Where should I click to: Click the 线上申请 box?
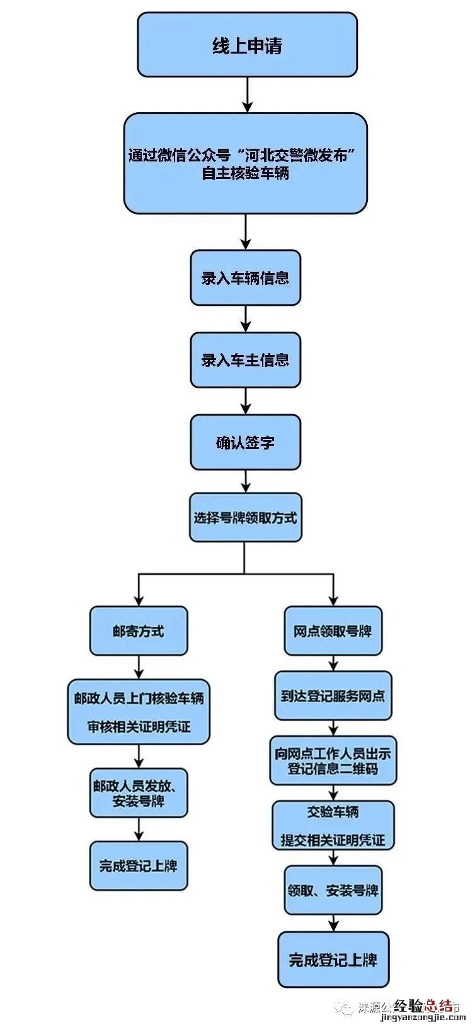pos(247,45)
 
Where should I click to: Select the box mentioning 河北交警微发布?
pos(245,163)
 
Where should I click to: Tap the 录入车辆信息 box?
pos(245,278)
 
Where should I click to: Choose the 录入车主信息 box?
pos(245,360)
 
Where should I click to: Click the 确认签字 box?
pos(245,442)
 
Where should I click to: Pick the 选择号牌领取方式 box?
pos(245,518)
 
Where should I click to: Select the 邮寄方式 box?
pos(139,631)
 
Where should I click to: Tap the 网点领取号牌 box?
pos(333,631)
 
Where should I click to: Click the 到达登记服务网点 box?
pos(333,696)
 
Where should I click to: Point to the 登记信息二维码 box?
pos(333,760)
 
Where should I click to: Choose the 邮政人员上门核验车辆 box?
pos(139,712)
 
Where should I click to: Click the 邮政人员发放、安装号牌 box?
pos(139,793)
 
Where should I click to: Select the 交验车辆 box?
pos(333,825)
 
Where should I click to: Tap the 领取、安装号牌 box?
pos(333,890)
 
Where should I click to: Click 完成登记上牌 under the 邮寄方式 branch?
pos(139,866)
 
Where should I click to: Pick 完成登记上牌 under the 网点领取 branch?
pos(333,960)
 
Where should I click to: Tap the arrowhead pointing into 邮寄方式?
pos(139,599)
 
